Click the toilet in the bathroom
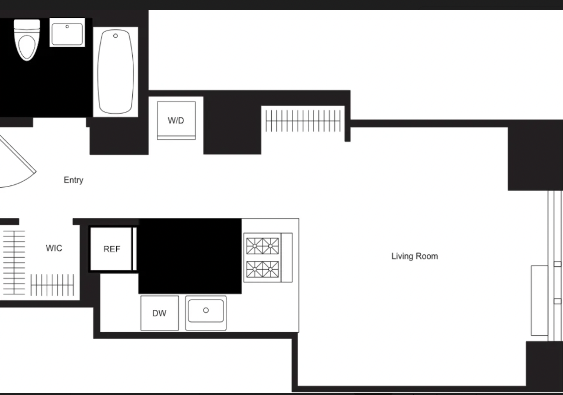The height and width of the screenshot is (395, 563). tap(27, 40)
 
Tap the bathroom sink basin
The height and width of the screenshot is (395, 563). tap(67, 34)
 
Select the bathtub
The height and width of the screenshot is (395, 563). tap(116, 72)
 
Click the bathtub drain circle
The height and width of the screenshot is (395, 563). tap(115, 36)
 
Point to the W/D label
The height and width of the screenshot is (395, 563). tap(176, 120)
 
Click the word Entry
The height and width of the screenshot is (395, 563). tap(73, 180)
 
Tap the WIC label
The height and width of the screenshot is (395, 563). tap(54, 248)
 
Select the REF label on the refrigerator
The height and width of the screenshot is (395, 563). tap(112, 249)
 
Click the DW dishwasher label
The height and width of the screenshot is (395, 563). tap(159, 313)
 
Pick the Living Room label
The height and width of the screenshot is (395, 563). tap(415, 256)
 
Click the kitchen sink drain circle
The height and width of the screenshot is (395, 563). tap(206, 310)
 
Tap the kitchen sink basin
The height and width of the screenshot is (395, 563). tap(206, 311)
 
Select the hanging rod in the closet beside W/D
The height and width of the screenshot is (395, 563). tap(303, 121)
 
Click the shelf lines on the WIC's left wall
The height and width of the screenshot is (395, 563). tap(14, 262)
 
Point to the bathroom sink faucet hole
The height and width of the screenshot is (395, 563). tap(67, 26)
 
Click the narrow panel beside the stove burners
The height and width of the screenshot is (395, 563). tap(287, 258)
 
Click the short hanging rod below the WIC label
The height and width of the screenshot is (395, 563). tap(52, 285)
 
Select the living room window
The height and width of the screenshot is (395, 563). tap(555, 266)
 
